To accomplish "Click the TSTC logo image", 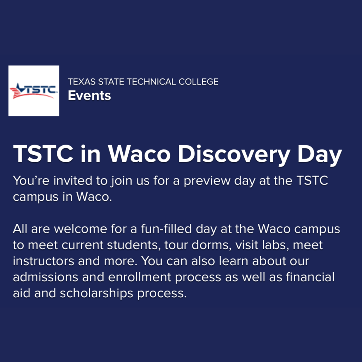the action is click(x=34, y=91).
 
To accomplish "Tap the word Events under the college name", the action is click(x=89, y=95).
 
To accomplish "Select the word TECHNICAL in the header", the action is click(x=151, y=82).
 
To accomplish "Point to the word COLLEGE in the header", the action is click(x=198, y=82).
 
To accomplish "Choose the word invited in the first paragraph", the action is click(x=73, y=180).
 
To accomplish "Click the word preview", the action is click(x=207, y=181).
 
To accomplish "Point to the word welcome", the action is click(x=80, y=229).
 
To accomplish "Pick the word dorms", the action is click(x=211, y=245).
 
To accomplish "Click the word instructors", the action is click(x=43, y=261).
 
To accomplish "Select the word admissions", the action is click(x=46, y=277).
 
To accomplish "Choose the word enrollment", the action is click(x=139, y=277).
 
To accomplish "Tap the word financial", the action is click(x=310, y=277).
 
